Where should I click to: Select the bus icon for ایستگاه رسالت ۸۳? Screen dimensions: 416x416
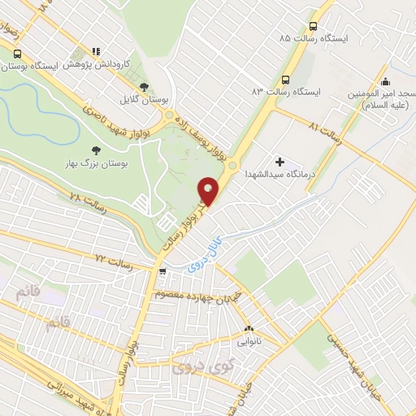click(x=285, y=80)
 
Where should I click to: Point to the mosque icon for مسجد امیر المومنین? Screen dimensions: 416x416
click(x=385, y=81)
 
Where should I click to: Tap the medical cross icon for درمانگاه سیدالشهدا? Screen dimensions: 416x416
click(x=281, y=162)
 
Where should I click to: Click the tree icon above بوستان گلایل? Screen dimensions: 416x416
click(x=144, y=86)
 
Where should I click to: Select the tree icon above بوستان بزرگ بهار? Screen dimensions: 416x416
click(x=96, y=150)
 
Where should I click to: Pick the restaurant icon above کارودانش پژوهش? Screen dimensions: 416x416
click(x=97, y=50)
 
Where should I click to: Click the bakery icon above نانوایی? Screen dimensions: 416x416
click(x=249, y=330)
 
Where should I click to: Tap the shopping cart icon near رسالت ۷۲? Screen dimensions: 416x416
click(x=163, y=271)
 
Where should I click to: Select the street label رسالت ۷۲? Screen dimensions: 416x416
click(x=113, y=259)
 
